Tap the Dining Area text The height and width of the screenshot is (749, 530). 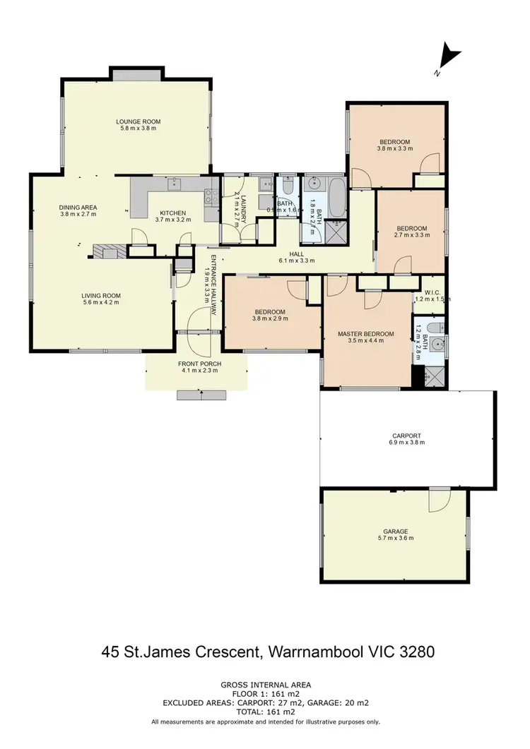(x=78, y=210)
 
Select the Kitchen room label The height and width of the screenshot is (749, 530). (x=172, y=216)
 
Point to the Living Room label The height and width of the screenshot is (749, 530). (x=101, y=299)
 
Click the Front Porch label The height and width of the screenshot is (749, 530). (x=200, y=368)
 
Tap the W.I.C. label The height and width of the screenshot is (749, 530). (x=432, y=295)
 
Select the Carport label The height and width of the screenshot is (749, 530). (x=406, y=439)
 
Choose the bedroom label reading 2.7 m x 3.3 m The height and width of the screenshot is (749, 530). (x=411, y=232)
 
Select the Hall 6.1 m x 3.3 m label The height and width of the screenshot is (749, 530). (x=296, y=256)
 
